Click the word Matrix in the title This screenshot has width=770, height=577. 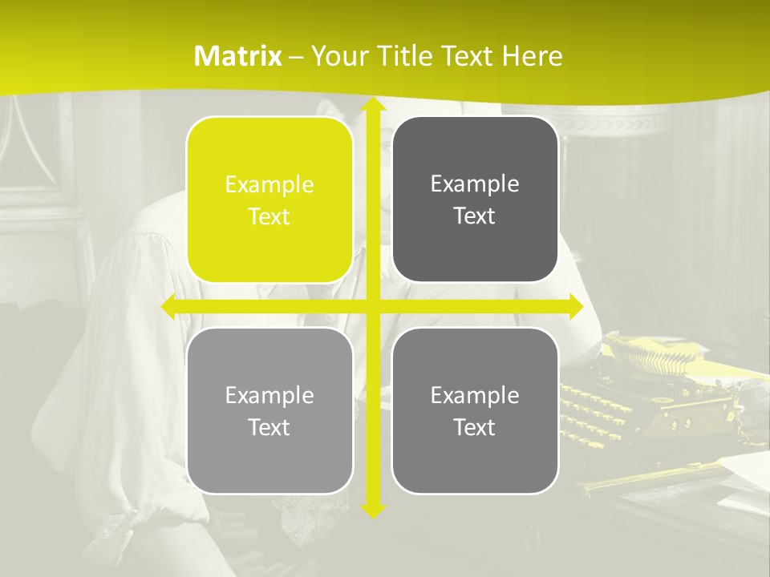click(237, 56)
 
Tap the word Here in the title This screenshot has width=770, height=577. click(532, 56)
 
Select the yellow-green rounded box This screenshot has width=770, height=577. click(269, 200)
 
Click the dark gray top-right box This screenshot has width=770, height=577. click(475, 200)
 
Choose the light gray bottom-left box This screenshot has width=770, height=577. click(269, 410)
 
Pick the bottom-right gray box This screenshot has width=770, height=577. click(475, 410)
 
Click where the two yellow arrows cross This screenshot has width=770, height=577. click(372, 306)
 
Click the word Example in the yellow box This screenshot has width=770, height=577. click(269, 184)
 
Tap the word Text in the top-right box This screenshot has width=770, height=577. click(475, 216)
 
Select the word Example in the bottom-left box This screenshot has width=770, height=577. click(269, 395)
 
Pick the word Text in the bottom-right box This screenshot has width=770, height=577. click(475, 427)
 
